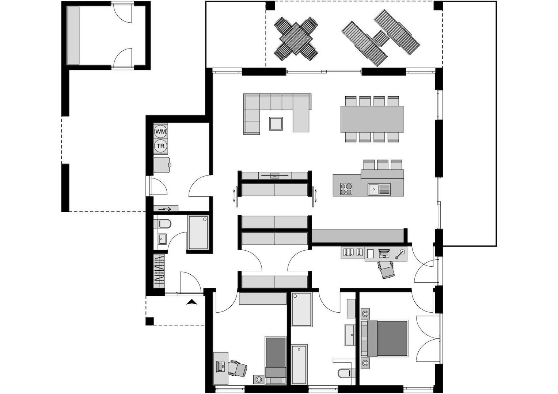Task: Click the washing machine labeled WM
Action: [x=161, y=131]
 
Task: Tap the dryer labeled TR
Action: [x=161, y=146]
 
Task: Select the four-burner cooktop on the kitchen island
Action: [x=346, y=189]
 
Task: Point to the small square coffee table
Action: [x=276, y=123]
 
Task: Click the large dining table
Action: [x=372, y=119]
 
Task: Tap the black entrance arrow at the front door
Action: [x=191, y=302]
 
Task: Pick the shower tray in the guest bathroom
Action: [x=198, y=232]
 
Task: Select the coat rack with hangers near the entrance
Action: [x=159, y=271]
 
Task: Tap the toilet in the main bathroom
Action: [x=344, y=373]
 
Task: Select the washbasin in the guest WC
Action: [x=162, y=239]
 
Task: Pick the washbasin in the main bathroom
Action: [x=349, y=334]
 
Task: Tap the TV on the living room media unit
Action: [x=274, y=175]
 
